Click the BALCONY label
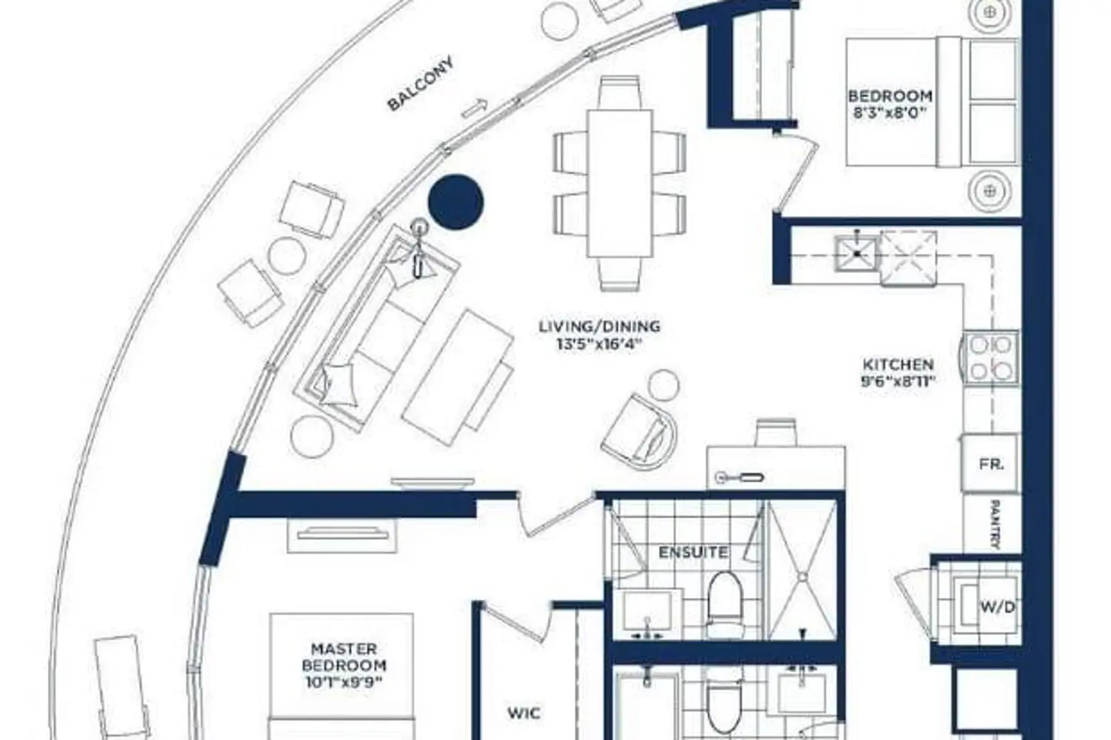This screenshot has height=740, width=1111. coord(421,84)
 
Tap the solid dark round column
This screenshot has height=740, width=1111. coord(456,202)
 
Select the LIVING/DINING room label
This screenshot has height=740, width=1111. coord(600,326)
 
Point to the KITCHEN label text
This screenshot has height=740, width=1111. coord(898,365)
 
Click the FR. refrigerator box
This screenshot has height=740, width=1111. coord(991,463)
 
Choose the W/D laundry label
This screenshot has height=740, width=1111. coord(998,607)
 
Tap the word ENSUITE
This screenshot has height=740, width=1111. coord(693,552)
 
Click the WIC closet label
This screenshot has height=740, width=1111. coord(524,713)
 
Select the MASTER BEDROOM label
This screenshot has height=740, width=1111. coord(344,656)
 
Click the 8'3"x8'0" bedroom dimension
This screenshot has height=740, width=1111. coord(890,112)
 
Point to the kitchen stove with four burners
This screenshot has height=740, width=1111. coord(990,357)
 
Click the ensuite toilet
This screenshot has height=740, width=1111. coord(725,605)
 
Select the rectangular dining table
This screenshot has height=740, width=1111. coord(619,183)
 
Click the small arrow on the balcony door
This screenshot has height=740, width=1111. coord(475,109)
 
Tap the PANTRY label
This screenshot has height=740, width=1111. coord(995,524)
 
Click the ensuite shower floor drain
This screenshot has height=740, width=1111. coord(802,576)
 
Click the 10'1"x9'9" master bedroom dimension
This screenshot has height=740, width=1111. coord(344,682)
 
